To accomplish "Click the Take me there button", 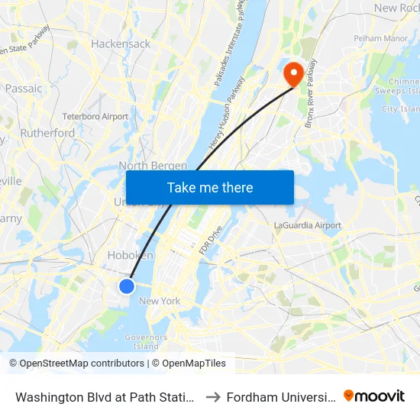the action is pyautogui.click(x=210, y=188).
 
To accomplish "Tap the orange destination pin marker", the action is pyautogui.click(x=293, y=74).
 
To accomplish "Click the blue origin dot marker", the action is pyautogui.click(x=127, y=286).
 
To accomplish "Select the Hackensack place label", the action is pyautogui.click(x=121, y=44).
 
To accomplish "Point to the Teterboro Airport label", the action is pyautogui.click(x=95, y=117).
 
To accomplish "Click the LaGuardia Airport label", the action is pyautogui.click(x=308, y=225).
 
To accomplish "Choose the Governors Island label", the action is pyautogui.click(x=146, y=341).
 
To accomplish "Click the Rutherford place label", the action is pyautogui.click(x=48, y=133).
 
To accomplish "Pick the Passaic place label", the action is pyautogui.click(x=24, y=89).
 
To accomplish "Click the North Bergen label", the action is pyautogui.click(x=153, y=166).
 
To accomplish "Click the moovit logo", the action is pyautogui.click(x=374, y=396).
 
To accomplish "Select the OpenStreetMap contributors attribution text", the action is pyautogui.click(x=77, y=363).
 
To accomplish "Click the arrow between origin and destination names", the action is pyautogui.click(x=213, y=397).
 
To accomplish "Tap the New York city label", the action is pyautogui.click(x=160, y=301).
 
